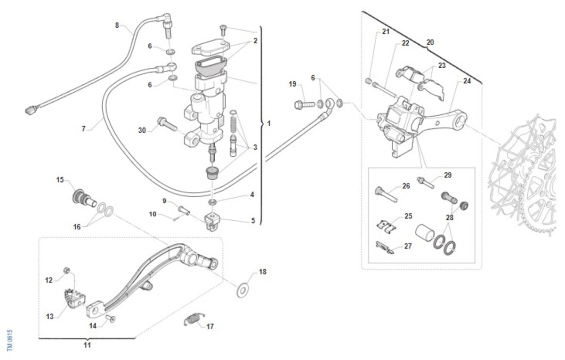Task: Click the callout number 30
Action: (142, 130)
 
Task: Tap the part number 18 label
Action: (263, 272)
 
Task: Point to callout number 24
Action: (467, 81)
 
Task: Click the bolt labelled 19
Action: (302, 103)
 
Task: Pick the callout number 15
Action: (60, 180)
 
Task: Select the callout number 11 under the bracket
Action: (87, 345)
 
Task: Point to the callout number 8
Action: (117, 25)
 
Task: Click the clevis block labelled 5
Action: (213, 221)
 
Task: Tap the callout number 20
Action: (430, 42)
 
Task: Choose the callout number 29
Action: (447, 175)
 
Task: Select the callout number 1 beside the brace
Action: (268, 124)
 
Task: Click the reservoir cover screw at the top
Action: (224, 29)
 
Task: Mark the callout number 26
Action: (406, 186)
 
